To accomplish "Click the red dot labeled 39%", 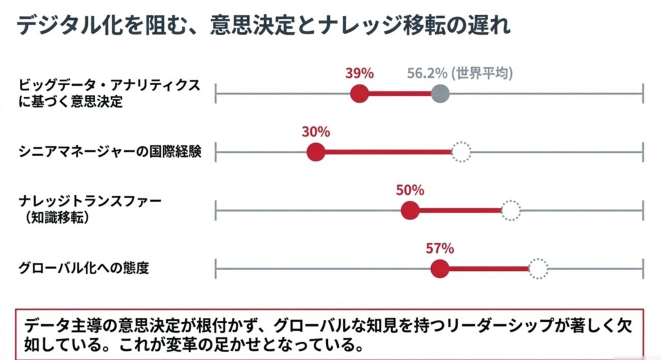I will pyautogui.click(x=360, y=94).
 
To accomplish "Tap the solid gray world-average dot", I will pyautogui.click(x=440, y=94).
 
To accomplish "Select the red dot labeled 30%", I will pyautogui.click(x=316, y=152).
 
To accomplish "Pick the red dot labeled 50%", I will pyautogui.click(x=410, y=211).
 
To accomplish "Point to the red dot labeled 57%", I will pyautogui.click(x=440, y=269).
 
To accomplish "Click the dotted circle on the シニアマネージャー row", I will pyautogui.click(x=461, y=152).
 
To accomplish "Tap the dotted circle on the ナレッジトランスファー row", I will pyautogui.click(x=511, y=211).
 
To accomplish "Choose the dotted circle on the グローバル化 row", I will pyautogui.click(x=538, y=269).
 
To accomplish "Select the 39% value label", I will pyautogui.click(x=360, y=73).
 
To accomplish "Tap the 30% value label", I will pyautogui.click(x=316, y=132).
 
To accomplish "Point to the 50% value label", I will pyautogui.click(x=410, y=190).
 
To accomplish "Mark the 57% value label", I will pyautogui.click(x=440, y=248).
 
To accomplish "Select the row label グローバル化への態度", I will pyautogui.click(x=84, y=268).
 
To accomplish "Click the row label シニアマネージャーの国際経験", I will pyautogui.click(x=111, y=152).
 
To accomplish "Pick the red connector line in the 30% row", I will pyautogui.click(x=387, y=152).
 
